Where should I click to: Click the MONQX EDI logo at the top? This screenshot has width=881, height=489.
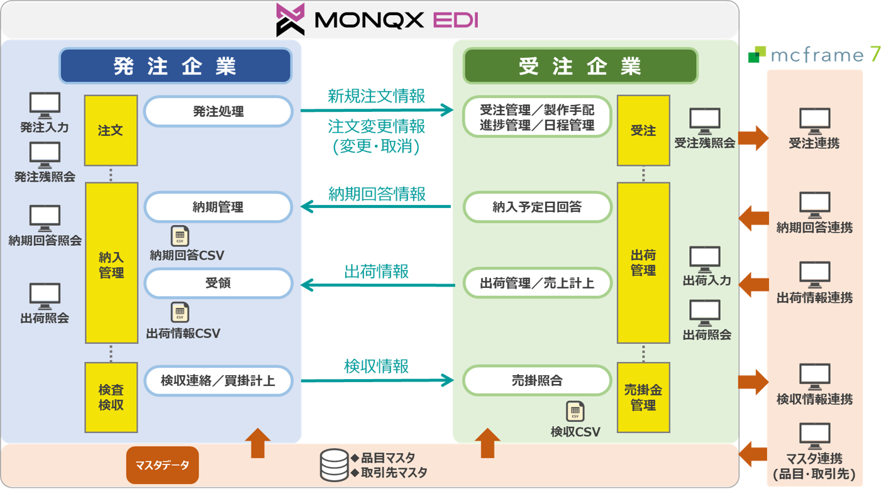[x=377, y=19]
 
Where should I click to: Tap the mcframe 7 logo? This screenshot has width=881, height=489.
[x=814, y=55]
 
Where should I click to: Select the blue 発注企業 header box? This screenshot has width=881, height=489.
[x=175, y=66]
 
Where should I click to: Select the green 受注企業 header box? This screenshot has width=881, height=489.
[x=580, y=66]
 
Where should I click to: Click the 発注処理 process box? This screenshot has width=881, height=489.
[x=218, y=113]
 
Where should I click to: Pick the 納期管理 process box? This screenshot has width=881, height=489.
[x=218, y=207]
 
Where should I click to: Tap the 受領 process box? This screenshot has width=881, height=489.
[x=218, y=283]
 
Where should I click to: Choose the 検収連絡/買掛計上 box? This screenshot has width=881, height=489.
[x=218, y=380]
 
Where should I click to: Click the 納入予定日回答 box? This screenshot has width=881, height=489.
[x=537, y=207]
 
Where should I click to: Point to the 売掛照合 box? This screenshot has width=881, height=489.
[x=537, y=380]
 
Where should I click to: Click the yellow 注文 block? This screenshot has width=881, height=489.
[x=111, y=131]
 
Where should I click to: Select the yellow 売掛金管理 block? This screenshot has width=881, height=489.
[x=643, y=397]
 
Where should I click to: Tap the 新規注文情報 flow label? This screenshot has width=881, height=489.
[x=376, y=96]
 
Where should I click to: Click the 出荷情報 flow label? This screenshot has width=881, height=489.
[x=376, y=272]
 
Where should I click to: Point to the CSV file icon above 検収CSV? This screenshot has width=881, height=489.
[x=575, y=411]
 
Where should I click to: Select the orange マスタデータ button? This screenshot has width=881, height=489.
[x=162, y=466]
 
